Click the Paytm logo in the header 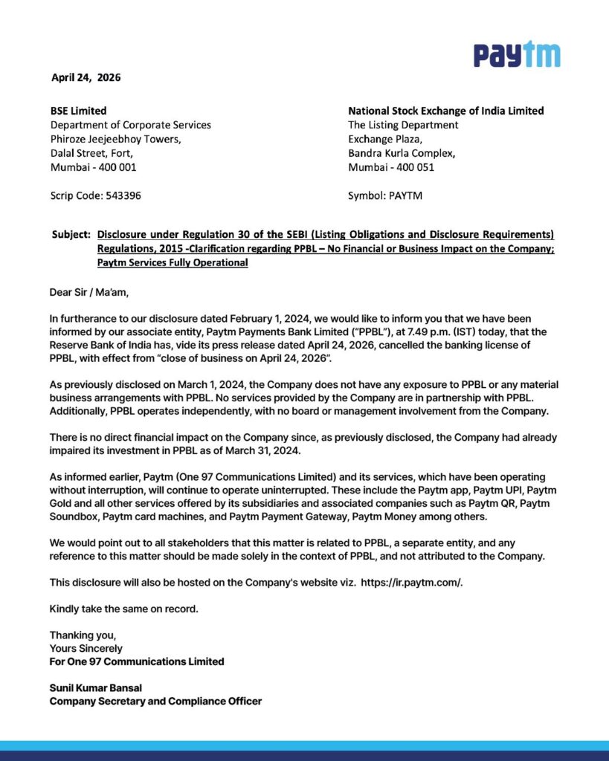517,55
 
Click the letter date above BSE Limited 86,77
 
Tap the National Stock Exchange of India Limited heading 445,111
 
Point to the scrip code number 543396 119,196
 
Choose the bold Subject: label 71,235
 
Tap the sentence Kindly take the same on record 124,609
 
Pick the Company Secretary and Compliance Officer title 155,701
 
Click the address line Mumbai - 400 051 391,167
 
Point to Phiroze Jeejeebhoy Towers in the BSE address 115,139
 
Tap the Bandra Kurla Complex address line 402,153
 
